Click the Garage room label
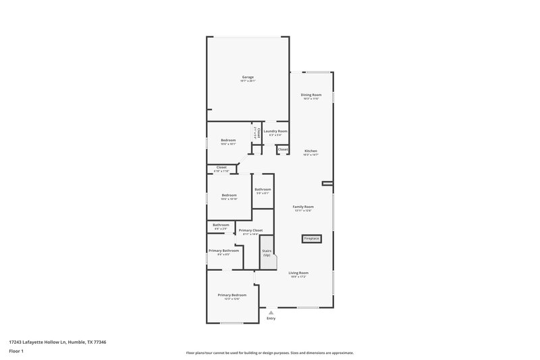coord(248,77)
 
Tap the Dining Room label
coord(310,95)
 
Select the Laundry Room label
coord(275,131)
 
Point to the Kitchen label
coord(310,151)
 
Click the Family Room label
coord(303,207)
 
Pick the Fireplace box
coord(311,238)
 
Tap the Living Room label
coord(298,272)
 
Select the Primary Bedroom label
coord(232,295)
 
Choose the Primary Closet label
coord(250,230)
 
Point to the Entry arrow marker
coord(271,312)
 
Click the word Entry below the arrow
coord(271,318)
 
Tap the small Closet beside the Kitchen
coord(283,149)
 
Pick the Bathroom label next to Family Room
coord(263,189)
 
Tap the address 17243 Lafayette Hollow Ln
coord(57,342)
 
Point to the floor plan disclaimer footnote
coord(270,353)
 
